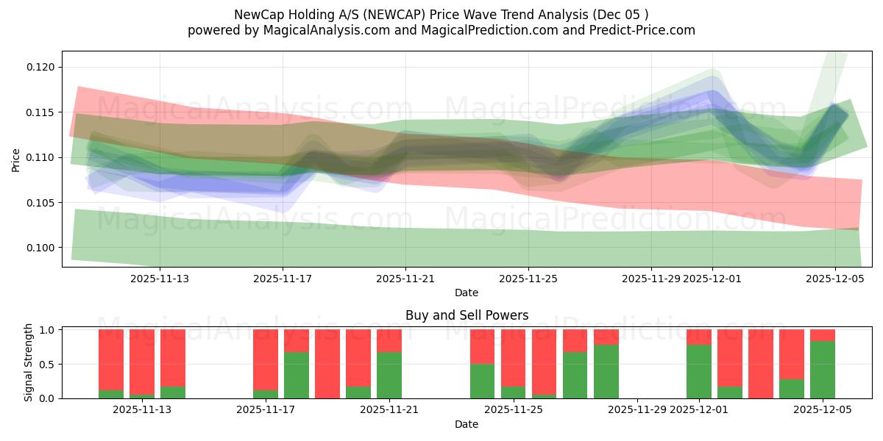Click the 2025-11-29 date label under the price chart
point(650,279)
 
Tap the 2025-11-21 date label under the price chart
point(405,279)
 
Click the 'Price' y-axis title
point(16,159)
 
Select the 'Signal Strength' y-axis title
point(29,362)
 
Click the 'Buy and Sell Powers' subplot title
point(467,315)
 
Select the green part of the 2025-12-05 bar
point(823,370)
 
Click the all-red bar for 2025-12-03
point(761,364)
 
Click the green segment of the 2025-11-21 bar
point(389,375)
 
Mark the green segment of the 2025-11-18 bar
point(297,375)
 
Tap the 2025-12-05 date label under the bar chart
point(823,410)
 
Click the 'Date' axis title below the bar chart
point(467,424)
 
